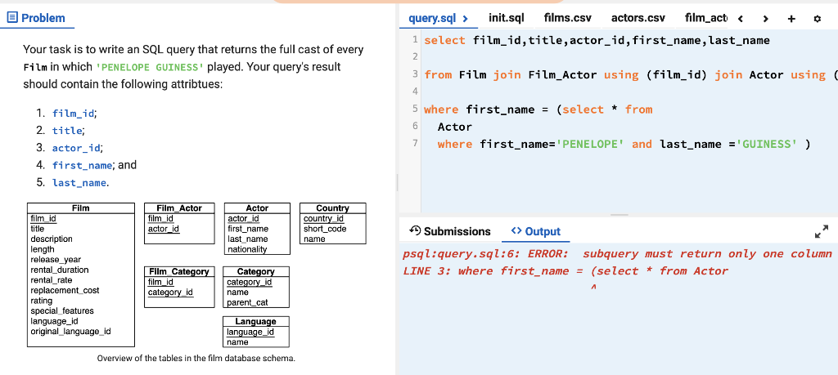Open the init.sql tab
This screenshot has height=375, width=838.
click(x=506, y=17)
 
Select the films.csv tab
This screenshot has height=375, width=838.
click(x=567, y=17)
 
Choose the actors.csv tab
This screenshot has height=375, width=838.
click(x=638, y=17)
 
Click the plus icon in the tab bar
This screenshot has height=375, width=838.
click(x=791, y=18)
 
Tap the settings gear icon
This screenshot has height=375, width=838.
click(x=817, y=18)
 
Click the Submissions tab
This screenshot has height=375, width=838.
click(x=450, y=231)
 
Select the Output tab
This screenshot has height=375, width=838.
click(x=536, y=231)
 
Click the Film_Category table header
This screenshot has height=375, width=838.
click(x=178, y=271)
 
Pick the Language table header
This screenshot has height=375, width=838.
click(x=255, y=322)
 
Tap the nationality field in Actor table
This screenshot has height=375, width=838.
click(x=247, y=249)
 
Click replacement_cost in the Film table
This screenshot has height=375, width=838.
click(x=65, y=290)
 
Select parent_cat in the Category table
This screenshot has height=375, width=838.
click(x=247, y=302)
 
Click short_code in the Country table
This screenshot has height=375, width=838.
click(x=325, y=229)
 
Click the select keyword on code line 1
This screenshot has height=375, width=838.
click(x=445, y=40)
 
